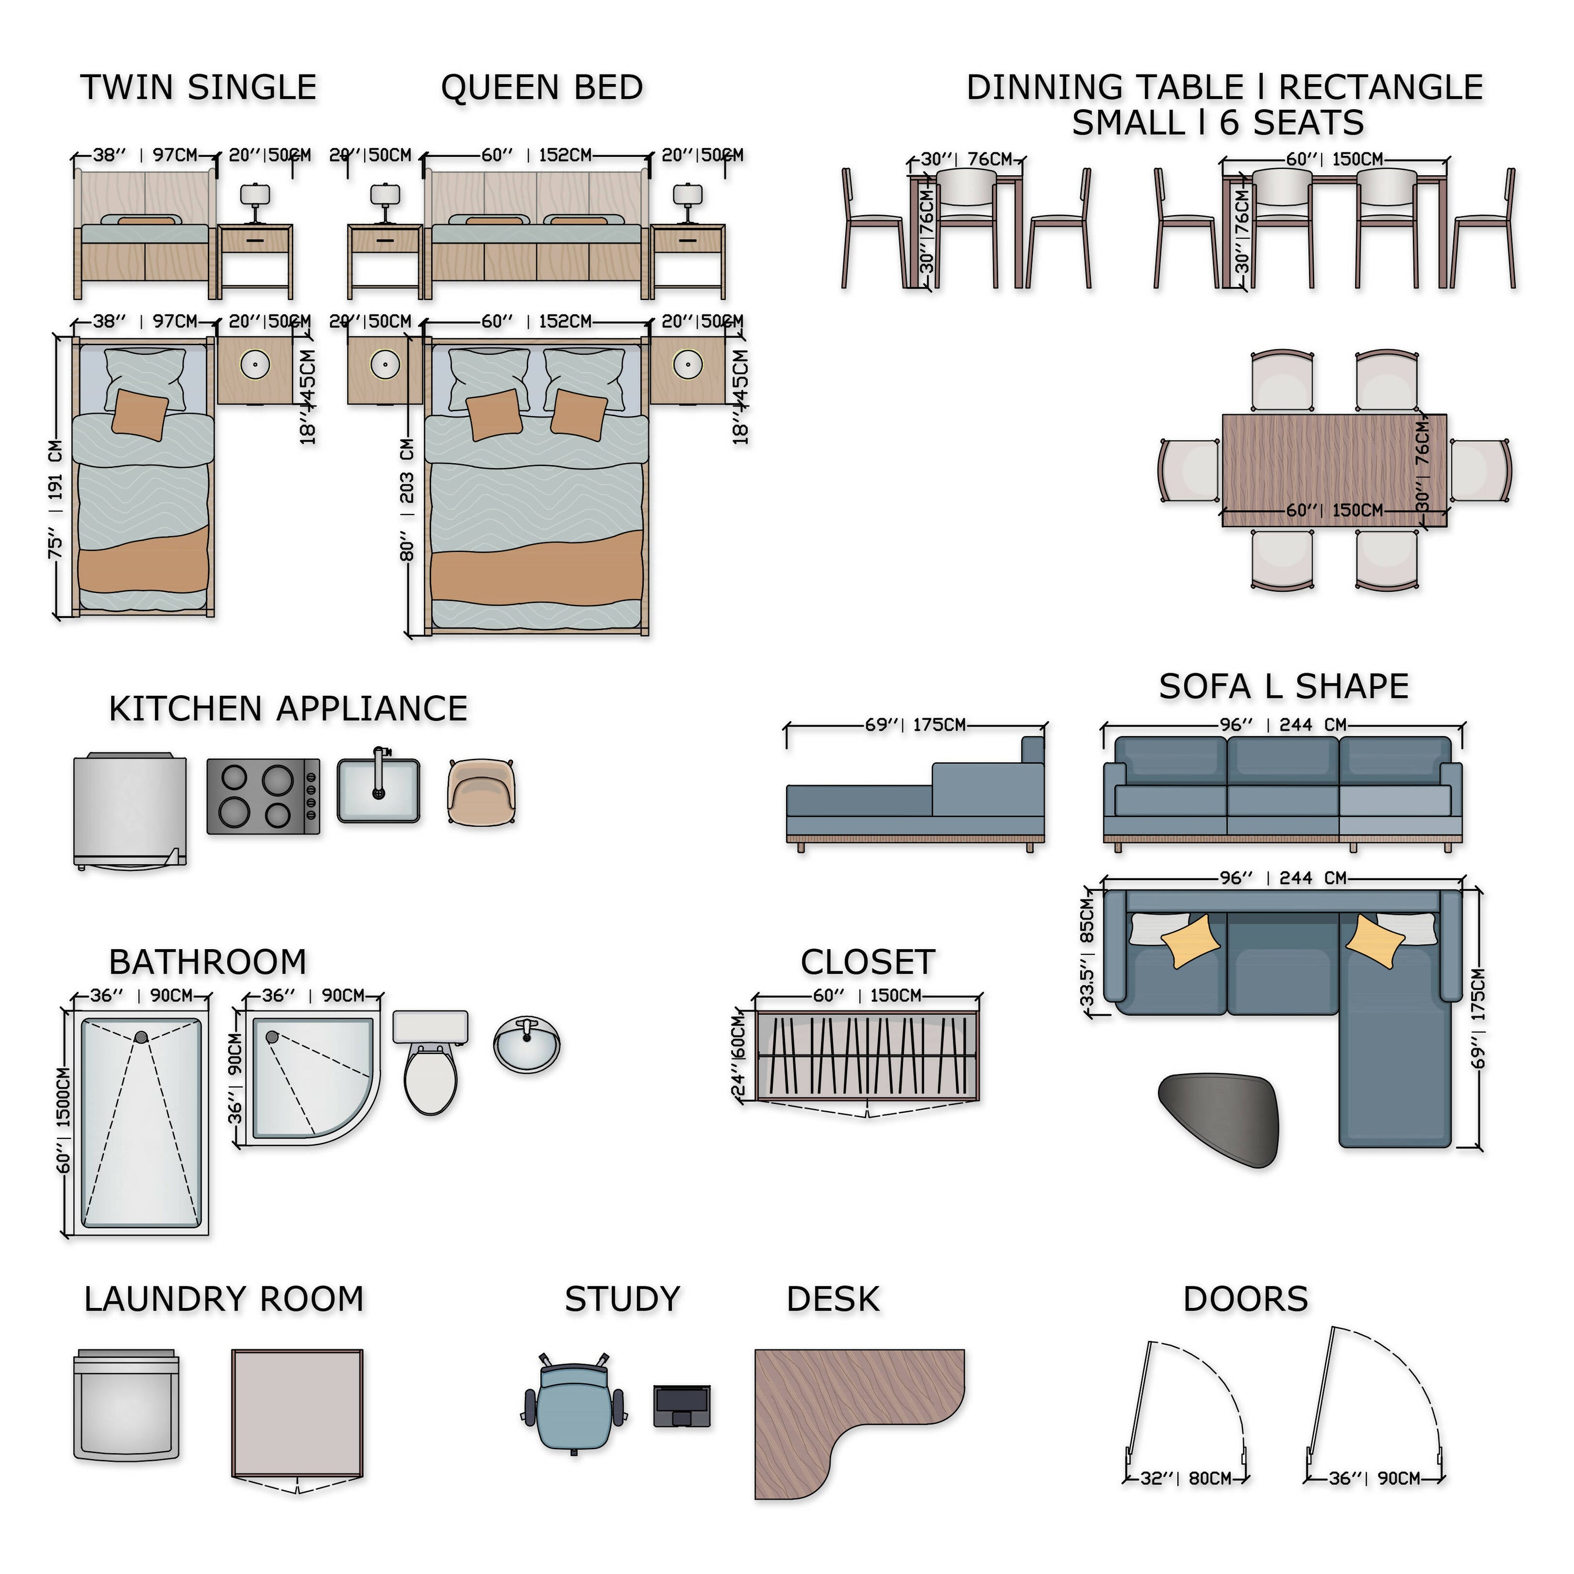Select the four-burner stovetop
(x=263, y=796)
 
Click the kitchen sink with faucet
(x=379, y=790)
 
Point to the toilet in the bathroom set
(x=430, y=1063)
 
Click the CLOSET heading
(x=868, y=962)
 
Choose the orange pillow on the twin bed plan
(x=140, y=414)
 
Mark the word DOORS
(x=1246, y=1300)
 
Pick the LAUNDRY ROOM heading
(x=224, y=1300)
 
